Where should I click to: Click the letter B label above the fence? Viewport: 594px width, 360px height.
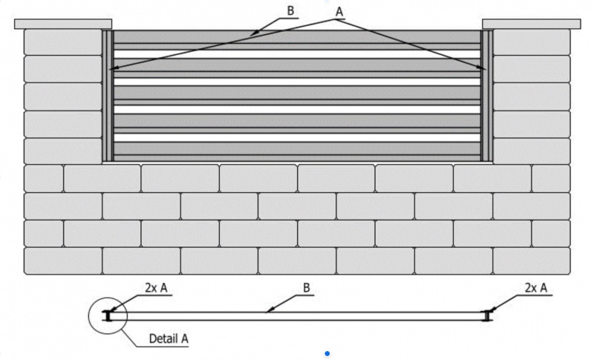point(290,11)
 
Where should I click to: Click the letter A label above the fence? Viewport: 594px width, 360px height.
point(339,12)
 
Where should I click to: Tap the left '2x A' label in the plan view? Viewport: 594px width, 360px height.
point(156,288)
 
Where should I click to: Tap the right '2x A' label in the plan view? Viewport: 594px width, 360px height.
point(536,288)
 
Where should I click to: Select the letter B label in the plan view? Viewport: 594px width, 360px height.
point(307,288)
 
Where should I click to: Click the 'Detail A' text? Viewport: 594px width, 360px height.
point(169,338)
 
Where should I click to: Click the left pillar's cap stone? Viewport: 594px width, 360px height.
point(63,24)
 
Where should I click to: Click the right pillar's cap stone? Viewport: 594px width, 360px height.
point(531,24)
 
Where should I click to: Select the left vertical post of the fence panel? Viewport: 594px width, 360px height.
point(108,96)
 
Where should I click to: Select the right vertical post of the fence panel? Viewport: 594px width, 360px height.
point(486,96)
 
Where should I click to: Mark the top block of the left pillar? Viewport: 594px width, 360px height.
point(63,42)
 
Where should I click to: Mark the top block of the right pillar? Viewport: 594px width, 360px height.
point(532,42)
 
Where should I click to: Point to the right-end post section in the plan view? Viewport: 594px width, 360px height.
point(487,315)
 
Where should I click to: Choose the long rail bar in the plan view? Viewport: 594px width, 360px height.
point(297,316)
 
